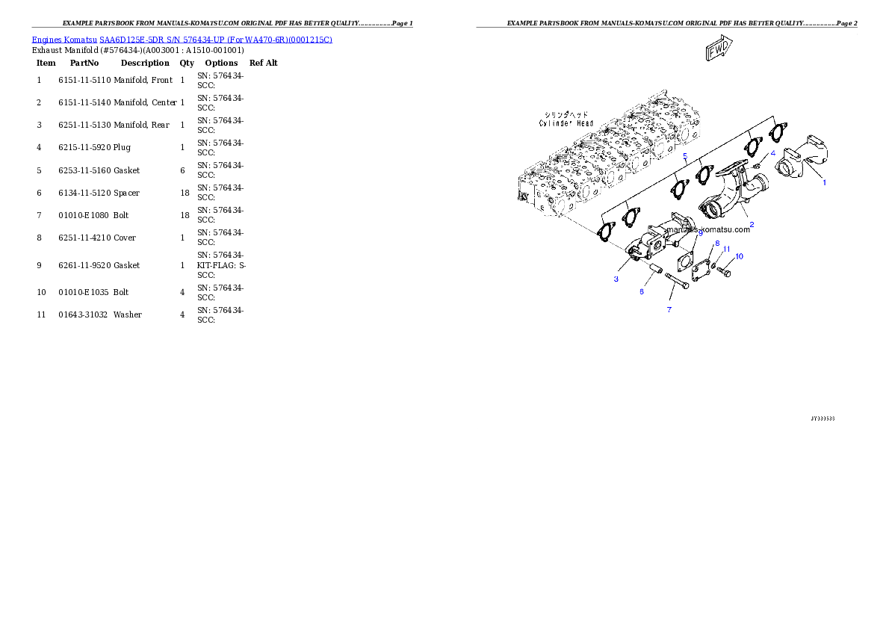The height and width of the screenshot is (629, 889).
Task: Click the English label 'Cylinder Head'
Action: pos(566,123)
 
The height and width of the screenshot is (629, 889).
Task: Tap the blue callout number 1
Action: pos(825,182)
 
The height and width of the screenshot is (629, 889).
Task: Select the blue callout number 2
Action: pos(752,224)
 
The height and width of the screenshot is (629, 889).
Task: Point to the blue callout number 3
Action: pos(616,279)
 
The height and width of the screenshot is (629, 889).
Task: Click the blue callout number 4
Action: pos(773,152)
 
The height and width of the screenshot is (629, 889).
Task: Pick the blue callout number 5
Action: pos(685,156)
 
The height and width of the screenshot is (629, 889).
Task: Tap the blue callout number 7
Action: pos(669,309)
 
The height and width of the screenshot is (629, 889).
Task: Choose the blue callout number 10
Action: pos(740,256)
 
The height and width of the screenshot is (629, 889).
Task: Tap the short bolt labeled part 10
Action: pos(724,271)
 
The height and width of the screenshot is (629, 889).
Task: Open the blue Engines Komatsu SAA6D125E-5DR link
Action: pos(182,39)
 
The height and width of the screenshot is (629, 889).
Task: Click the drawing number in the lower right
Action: pos(823,418)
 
